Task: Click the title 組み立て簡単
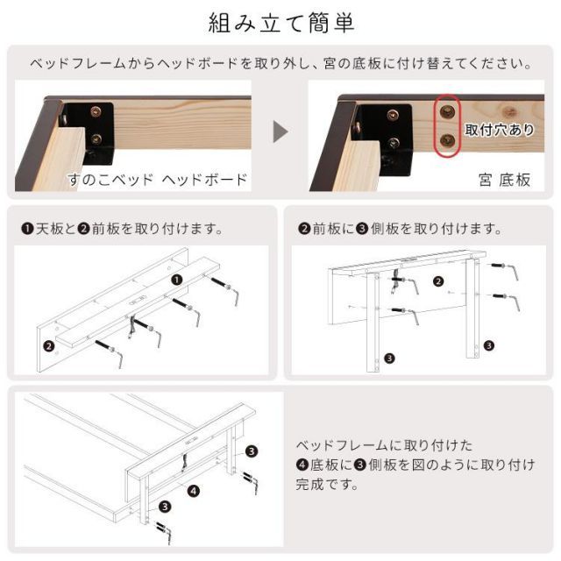click(x=281, y=23)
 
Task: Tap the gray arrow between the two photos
click(x=280, y=132)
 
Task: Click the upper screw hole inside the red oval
click(x=448, y=111)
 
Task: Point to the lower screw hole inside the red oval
click(x=448, y=140)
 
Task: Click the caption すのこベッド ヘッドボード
click(x=158, y=181)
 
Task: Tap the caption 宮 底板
click(x=504, y=181)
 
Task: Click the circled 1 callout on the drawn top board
click(x=176, y=280)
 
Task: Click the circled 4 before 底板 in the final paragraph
click(x=301, y=465)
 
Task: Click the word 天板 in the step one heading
click(x=48, y=229)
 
